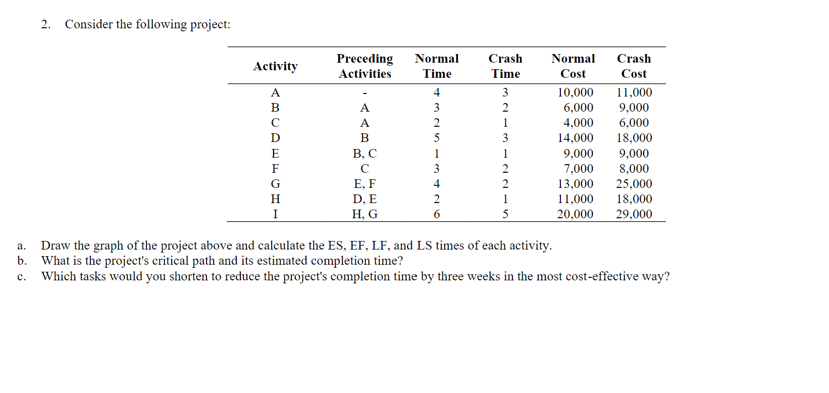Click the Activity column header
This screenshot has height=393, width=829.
(x=275, y=66)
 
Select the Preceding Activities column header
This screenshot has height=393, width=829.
(x=365, y=66)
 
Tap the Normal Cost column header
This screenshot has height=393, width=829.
(x=573, y=66)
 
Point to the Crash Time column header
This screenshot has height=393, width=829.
(x=505, y=66)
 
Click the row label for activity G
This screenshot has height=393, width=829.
(x=275, y=184)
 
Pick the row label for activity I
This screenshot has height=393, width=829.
(x=275, y=214)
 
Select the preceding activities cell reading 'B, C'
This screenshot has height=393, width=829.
(x=365, y=154)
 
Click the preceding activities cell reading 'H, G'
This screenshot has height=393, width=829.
(x=365, y=214)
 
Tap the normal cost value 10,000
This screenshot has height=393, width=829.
(x=575, y=92)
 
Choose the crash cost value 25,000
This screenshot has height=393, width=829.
(x=634, y=184)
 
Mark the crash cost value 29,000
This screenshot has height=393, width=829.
(x=634, y=214)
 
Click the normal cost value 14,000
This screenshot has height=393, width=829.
(x=575, y=138)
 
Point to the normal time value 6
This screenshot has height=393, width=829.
(x=437, y=214)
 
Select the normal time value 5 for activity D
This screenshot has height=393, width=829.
(x=437, y=138)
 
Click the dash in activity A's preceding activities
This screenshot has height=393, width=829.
(x=365, y=93)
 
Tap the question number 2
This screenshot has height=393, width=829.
(x=45, y=24)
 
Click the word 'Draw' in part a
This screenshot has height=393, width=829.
(x=56, y=245)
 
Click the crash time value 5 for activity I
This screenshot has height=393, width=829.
(x=505, y=214)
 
